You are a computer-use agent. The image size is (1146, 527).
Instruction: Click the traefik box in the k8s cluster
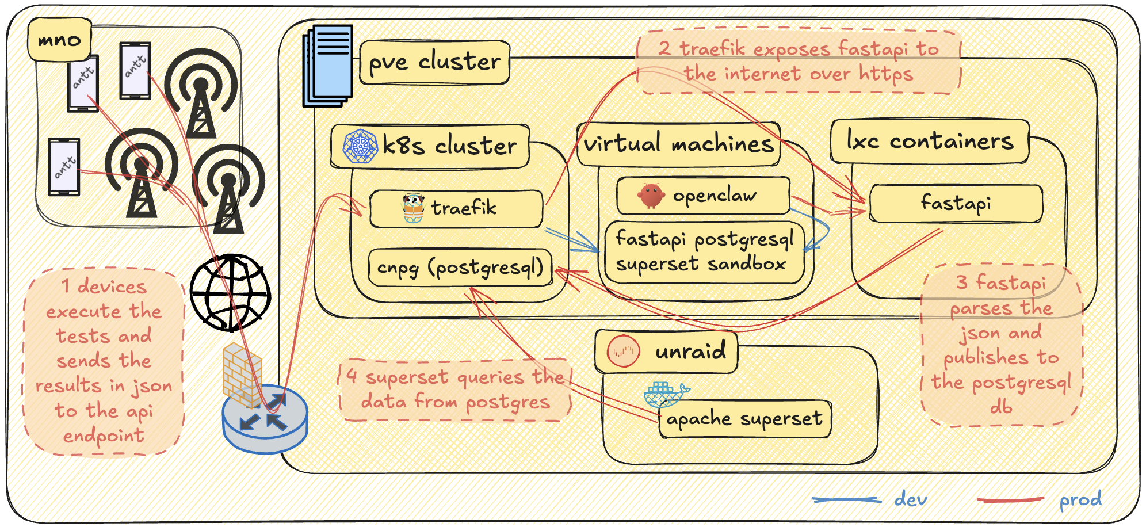(x=456, y=208)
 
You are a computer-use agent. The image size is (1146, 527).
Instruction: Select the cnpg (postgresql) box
(x=460, y=268)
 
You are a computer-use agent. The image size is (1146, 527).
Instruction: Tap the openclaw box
(x=703, y=196)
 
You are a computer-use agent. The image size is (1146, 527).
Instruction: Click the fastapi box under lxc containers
(x=956, y=203)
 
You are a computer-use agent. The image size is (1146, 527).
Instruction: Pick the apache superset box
(x=744, y=419)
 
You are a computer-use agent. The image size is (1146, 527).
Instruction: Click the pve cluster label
(x=434, y=62)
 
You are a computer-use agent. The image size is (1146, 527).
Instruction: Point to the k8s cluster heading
(x=430, y=146)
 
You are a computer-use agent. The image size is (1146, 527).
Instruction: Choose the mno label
(x=59, y=40)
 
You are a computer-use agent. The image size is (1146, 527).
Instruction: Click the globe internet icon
(x=230, y=292)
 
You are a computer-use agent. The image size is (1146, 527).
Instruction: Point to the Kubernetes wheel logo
(x=360, y=146)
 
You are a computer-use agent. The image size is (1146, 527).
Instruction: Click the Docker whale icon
(x=664, y=394)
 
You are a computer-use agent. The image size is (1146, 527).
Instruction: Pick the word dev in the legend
(x=911, y=499)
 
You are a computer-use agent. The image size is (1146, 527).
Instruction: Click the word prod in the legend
(x=1080, y=499)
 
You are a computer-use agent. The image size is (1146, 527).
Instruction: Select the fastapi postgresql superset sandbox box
(x=705, y=252)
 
